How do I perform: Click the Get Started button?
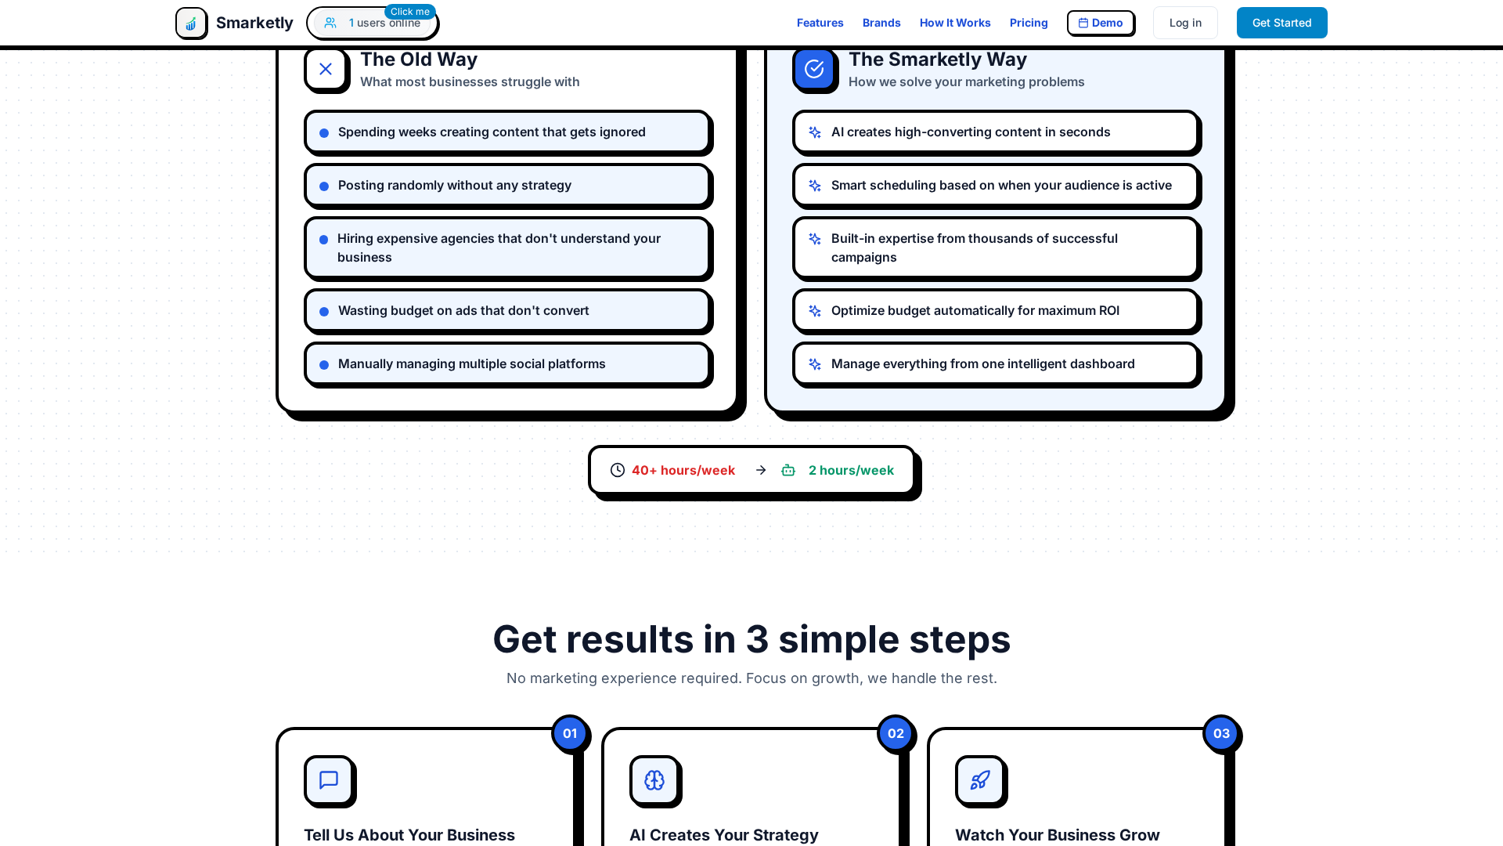click(x=1281, y=23)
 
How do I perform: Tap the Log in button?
click(x=1185, y=23)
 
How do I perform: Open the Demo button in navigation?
click(x=1100, y=23)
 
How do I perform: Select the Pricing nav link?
click(x=1028, y=23)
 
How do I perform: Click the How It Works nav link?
click(x=954, y=23)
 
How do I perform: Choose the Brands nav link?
click(x=881, y=23)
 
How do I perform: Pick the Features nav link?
click(x=820, y=23)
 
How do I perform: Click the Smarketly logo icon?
click(x=191, y=23)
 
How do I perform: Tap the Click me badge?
click(x=409, y=12)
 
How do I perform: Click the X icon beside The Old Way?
click(x=326, y=69)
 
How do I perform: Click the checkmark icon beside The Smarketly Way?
click(x=814, y=69)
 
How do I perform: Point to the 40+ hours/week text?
click(x=683, y=470)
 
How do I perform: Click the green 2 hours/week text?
click(x=850, y=470)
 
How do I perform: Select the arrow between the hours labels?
click(x=760, y=470)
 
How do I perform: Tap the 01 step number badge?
click(x=570, y=734)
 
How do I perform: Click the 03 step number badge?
click(x=1221, y=734)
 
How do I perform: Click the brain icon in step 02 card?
click(x=654, y=780)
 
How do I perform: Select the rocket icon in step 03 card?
click(x=980, y=780)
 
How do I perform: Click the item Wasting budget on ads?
click(x=463, y=311)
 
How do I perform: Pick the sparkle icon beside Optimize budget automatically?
click(x=815, y=311)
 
